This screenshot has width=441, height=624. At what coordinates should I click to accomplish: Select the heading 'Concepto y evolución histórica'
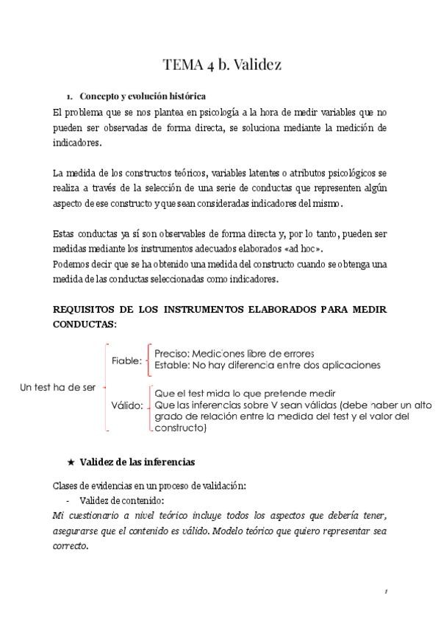pos(143,96)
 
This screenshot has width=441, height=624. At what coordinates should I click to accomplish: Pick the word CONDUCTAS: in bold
pos(85,323)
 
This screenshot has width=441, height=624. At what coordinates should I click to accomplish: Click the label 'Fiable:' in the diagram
pos(127,361)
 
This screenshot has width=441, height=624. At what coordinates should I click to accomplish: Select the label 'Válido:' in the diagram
pos(127,405)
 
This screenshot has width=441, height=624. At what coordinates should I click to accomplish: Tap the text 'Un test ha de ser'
pos(57,388)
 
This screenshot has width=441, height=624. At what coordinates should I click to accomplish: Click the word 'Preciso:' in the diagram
pos(171,353)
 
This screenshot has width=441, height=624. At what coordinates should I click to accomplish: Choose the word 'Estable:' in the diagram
pos(171,365)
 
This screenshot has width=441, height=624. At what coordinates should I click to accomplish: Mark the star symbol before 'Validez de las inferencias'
pos(71,462)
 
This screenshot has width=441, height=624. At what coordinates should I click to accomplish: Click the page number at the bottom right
pos(385,592)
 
